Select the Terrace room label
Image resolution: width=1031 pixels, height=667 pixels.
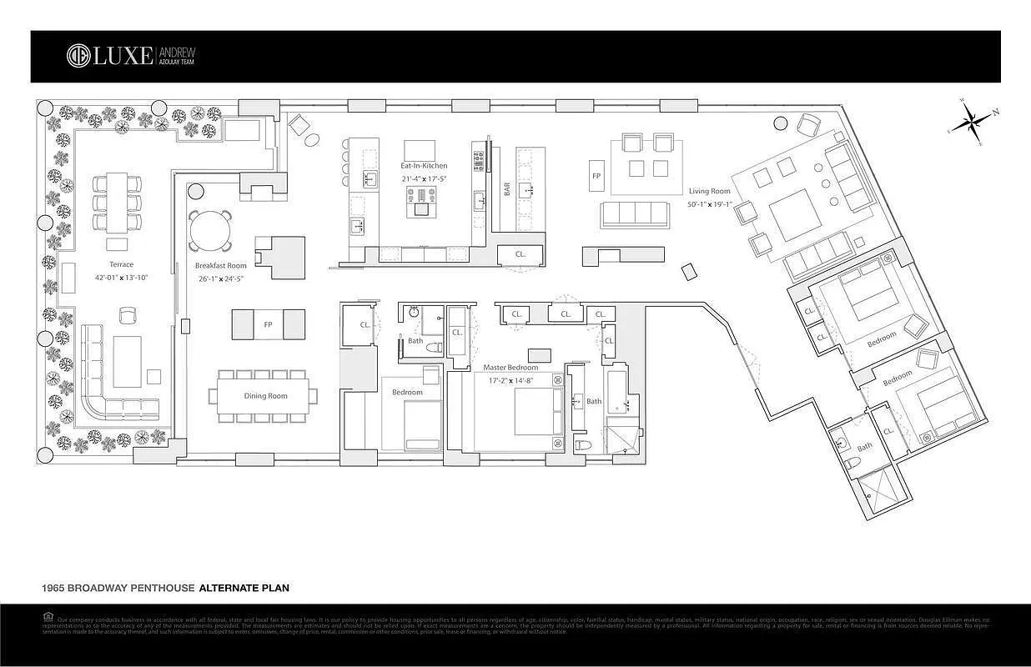[x=121, y=264]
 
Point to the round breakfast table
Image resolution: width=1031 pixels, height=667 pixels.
[x=210, y=229]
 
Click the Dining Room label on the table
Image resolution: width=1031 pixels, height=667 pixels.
[x=265, y=396]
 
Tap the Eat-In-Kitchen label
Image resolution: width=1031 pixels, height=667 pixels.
[x=424, y=166]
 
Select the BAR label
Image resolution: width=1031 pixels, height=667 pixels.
[x=506, y=190]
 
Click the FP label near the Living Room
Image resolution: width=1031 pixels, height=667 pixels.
[x=596, y=177]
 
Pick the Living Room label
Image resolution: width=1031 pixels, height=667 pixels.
[x=709, y=191]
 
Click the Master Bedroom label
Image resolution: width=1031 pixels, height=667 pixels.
[x=510, y=368]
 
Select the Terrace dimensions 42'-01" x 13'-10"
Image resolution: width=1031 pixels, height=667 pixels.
[x=121, y=278]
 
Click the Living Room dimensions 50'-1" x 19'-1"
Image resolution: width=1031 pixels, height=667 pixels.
[x=709, y=204]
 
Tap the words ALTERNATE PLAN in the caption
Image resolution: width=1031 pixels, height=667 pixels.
[x=244, y=588]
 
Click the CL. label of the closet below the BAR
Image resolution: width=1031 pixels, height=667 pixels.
[x=520, y=253]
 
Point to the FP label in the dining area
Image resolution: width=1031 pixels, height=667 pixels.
[x=268, y=324]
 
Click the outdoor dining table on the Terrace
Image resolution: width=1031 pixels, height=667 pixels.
[x=117, y=203]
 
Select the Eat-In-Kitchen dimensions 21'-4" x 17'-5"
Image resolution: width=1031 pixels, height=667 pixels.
[x=424, y=179]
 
